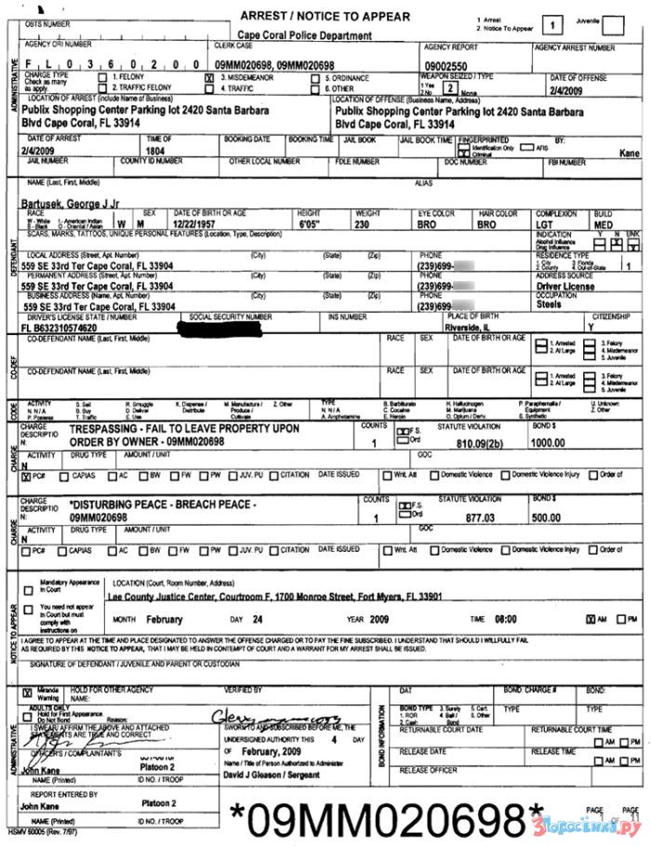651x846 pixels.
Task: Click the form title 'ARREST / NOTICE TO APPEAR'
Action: [x=325, y=17]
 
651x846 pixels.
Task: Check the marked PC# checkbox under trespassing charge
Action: [x=25, y=476]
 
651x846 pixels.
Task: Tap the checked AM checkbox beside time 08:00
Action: [x=590, y=619]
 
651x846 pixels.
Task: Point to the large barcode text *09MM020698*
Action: [x=386, y=818]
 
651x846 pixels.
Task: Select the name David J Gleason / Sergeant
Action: [x=270, y=774]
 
